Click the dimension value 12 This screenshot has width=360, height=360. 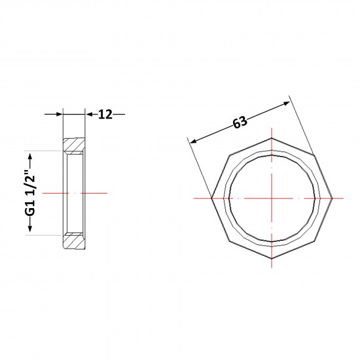(105, 115)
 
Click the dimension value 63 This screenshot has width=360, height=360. (240, 122)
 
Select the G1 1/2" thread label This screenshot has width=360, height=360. (30, 192)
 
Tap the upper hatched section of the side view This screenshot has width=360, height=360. (74, 146)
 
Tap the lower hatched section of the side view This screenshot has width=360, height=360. (74, 240)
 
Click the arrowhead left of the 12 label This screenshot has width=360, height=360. (88, 114)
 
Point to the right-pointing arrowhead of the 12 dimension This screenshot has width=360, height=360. (60, 114)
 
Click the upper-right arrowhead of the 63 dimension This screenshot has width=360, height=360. (286, 103)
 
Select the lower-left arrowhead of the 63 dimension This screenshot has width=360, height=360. (194, 141)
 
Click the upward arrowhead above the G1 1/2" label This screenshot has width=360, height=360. (30, 156)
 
